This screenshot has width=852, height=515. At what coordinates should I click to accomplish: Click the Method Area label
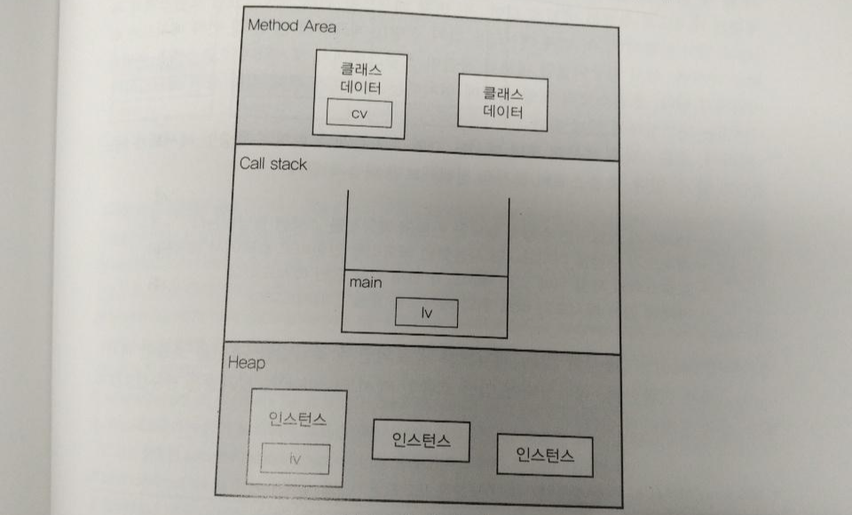point(291,25)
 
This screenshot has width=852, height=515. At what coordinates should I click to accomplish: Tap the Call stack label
point(273,163)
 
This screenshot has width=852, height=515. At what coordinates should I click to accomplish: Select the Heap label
point(246,362)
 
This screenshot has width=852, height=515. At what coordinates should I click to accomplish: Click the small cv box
point(359,114)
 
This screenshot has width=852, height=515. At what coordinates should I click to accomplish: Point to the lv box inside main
point(427,313)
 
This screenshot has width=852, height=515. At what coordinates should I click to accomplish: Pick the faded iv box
point(296,459)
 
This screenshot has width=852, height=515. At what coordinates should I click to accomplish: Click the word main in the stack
point(367,283)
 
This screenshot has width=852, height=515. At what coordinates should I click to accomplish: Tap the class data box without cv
point(502,104)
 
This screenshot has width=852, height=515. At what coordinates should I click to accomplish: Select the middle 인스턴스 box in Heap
point(421,441)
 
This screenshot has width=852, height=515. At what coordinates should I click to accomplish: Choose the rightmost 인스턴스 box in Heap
point(544,456)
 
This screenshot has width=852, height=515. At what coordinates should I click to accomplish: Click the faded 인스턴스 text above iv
point(298,418)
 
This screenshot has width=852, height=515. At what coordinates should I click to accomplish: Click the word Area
point(320,26)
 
